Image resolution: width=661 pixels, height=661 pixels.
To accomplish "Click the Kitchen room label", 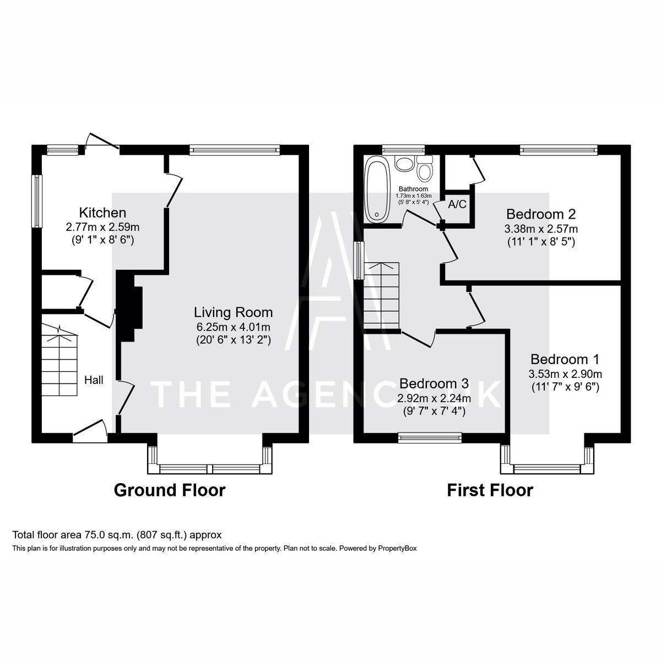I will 102,213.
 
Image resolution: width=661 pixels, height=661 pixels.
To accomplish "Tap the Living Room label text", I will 233,312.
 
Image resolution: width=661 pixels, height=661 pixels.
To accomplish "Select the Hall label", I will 94,380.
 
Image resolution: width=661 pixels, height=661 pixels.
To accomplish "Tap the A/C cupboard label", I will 457,204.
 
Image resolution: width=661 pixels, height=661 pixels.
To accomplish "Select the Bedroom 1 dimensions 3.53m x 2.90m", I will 565,374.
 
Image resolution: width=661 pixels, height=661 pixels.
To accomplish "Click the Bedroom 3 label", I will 434,383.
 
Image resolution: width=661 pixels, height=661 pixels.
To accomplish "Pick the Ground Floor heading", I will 170,490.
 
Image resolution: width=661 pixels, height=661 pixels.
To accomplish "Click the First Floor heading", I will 490,490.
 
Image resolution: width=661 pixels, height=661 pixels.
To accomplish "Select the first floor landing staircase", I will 380,295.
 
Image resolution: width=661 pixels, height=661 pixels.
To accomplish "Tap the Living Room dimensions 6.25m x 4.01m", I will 233,327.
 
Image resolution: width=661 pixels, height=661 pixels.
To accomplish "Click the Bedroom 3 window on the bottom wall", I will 430,437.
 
